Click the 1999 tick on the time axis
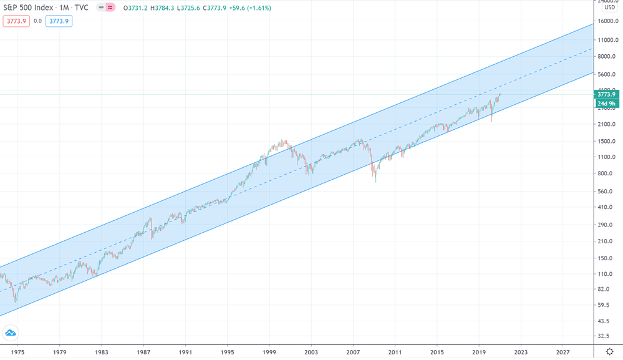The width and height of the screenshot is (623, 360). (270, 352)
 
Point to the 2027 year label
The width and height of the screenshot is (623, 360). (563, 352)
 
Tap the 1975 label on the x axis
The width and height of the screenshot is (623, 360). (17, 352)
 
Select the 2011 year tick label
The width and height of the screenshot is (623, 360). (395, 352)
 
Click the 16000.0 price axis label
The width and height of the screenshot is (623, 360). (608, 21)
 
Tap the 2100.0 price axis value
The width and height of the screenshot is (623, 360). (608, 125)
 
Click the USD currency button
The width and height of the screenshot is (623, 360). (609, 7)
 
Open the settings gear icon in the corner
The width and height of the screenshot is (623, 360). (609, 352)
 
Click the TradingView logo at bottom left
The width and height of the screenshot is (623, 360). (11, 331)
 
